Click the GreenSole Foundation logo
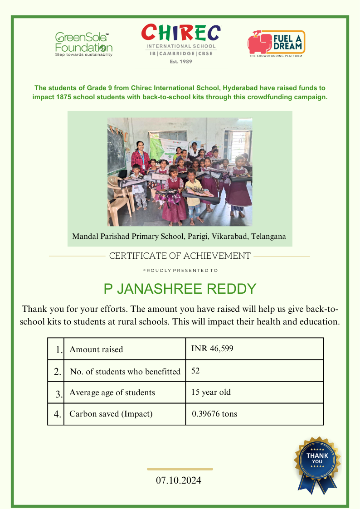pos(84,44)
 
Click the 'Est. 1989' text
pos(181,61)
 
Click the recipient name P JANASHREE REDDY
pos(180,289)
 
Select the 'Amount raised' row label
pos(96,349)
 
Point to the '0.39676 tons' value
pos(214,414)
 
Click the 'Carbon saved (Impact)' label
pos(111,414)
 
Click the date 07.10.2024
pos(179,480)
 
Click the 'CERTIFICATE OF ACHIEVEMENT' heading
pos(180,256)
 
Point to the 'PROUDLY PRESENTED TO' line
pos(180,271)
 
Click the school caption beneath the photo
pos(179,237)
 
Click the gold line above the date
pos(180,469)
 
